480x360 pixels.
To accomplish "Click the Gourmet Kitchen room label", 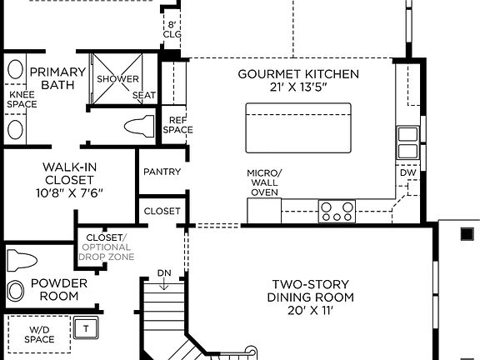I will coord(298,74).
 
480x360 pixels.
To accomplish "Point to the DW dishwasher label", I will coord(407,172).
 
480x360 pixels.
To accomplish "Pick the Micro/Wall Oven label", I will coord(264,182).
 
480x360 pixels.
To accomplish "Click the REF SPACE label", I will coord(177,125).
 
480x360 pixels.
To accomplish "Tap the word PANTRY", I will coord(162,172).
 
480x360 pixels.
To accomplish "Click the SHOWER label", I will coord(117,79).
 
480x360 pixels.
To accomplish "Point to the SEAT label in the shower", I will coord(142,96).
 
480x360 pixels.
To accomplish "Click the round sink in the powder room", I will coord(16,291).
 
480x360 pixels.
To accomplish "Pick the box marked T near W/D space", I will coord(86,327).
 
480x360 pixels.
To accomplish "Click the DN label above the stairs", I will coord(164,274).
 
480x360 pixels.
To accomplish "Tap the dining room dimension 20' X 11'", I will coord(310,311).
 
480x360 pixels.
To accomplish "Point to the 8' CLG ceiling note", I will coord(172,29).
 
